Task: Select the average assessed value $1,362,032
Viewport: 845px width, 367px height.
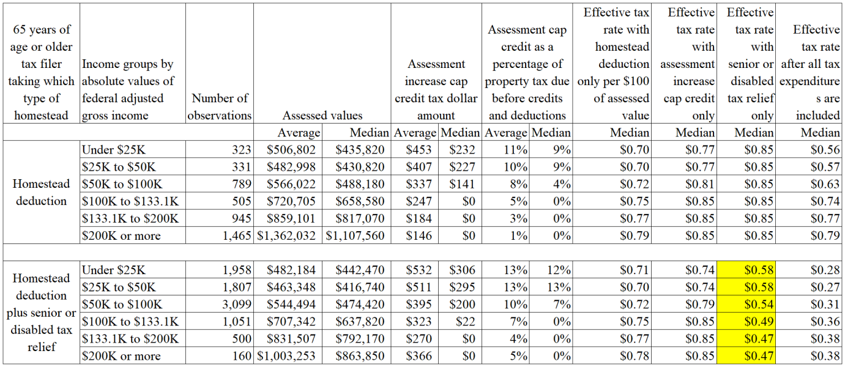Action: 286,235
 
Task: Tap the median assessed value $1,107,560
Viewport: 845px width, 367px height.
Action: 355,235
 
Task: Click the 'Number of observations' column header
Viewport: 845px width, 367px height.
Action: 220,107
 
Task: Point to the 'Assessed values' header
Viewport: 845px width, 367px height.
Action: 322,116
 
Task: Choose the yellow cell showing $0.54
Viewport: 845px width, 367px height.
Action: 746,304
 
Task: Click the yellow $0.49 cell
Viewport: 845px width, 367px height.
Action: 746,321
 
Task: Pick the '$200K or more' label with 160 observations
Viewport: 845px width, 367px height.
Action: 121,356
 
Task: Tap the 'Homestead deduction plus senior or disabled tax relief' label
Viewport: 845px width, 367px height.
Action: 42,313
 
